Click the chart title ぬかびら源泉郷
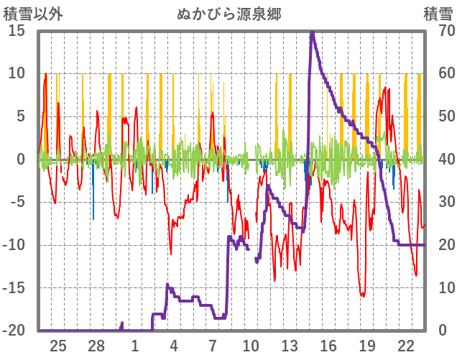coord(228,14)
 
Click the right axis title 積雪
coord(438,14)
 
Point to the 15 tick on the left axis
coord(17,30)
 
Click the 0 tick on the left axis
coord(21,160)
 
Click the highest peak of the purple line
coord(312,32)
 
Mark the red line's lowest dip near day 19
coord(363,295)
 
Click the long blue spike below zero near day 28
coord(93,218)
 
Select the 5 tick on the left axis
coord(21,116)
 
